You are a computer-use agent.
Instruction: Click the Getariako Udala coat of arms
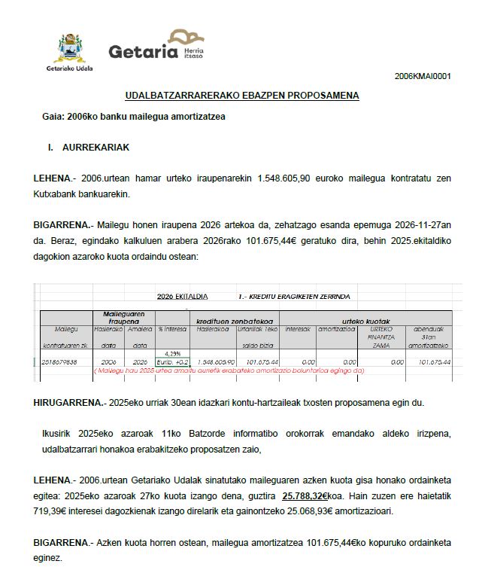pyautogui.click(x=72, y=47)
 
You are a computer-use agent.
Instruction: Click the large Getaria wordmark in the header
pyautogui.click(x=142, y=51)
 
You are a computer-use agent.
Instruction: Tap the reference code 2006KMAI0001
pyautogui.click(x=423, y=76)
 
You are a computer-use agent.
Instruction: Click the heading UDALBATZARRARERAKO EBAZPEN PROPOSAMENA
pyautogui.click(x=242, y=96)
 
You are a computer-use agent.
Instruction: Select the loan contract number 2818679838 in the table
pyautogui.click(x=61, y=361)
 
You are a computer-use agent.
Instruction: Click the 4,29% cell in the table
pyautogui.click(x=173, y=353)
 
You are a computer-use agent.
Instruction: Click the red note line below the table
pyautogui.click(x=229, y=370)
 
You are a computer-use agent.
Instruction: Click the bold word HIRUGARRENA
pyautogui.click(x=69, y=403)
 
